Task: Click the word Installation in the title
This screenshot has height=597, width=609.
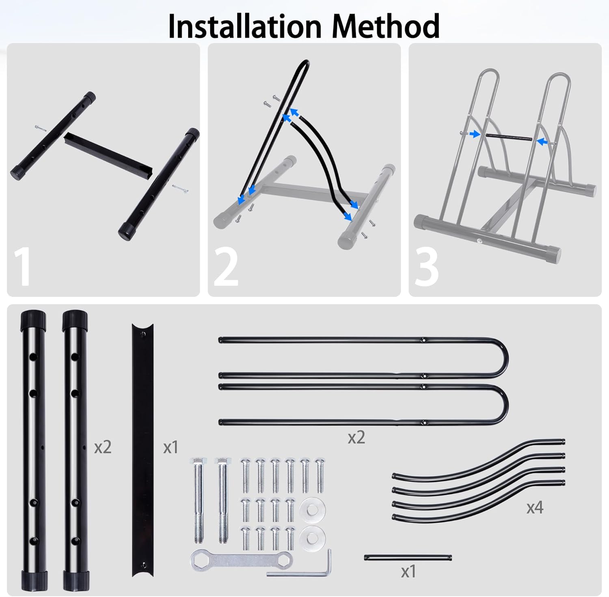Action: (245, 26)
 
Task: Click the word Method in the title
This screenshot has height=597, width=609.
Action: (386, 26)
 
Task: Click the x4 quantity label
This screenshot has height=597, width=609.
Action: (535, 507)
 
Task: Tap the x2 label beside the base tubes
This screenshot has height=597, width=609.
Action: (103, 447)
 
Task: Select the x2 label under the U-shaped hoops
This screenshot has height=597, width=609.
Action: (356, 437)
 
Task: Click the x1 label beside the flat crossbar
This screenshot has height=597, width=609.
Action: (171, 447)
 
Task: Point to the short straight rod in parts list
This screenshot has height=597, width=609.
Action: (408, 558)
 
